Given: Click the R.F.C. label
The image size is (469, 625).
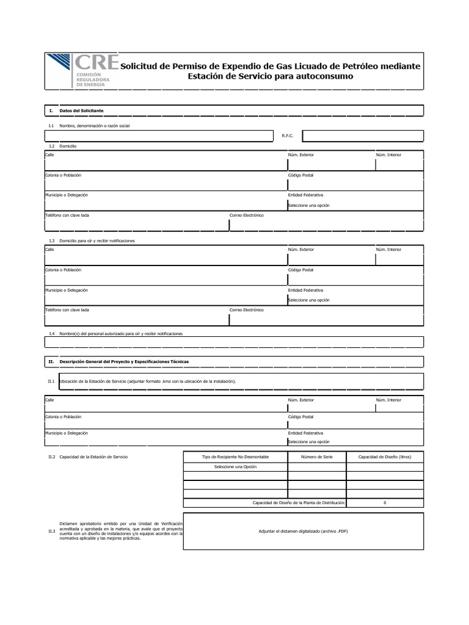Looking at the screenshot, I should (x=288, y=136).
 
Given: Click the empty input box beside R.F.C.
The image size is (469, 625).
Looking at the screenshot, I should (x=362, y=135).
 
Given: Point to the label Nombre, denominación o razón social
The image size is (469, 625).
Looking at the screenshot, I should (x=95, y=126).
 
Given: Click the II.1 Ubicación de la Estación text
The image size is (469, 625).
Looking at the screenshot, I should (x=147, y=381).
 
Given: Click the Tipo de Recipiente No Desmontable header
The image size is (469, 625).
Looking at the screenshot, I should (x=235, y=457).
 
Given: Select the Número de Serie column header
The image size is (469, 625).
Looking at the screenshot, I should (x=316, y=457).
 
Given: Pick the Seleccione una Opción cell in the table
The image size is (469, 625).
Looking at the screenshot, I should (x=235, y=467).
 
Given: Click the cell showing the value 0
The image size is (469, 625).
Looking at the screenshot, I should (x=384, y=502).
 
